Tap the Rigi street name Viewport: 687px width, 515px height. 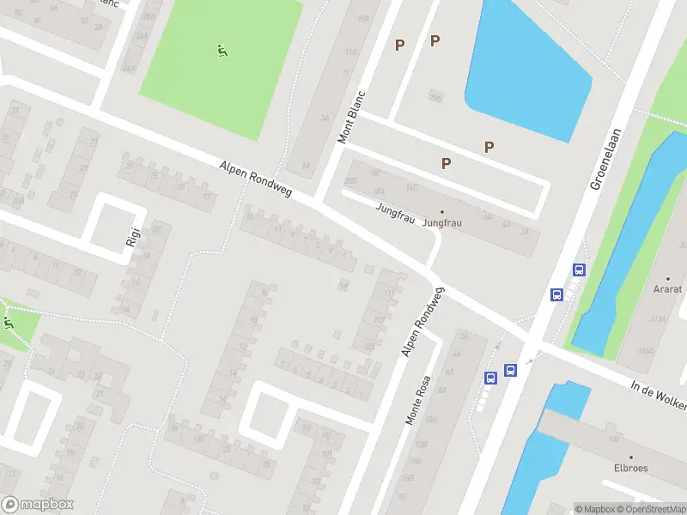tap(132, 236)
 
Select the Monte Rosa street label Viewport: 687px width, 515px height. tap(418, 400)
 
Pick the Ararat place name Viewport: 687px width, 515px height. tap(667, 290)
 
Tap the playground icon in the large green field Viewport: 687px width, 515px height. tap(222, 51)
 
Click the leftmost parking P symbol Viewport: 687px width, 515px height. tap(399, 45)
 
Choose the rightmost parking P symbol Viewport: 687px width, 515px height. tap(489, 147)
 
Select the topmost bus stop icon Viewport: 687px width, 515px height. tap(579, 270)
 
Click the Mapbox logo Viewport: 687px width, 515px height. tap(38, 505)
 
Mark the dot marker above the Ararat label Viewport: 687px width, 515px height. tap(667, 279)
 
